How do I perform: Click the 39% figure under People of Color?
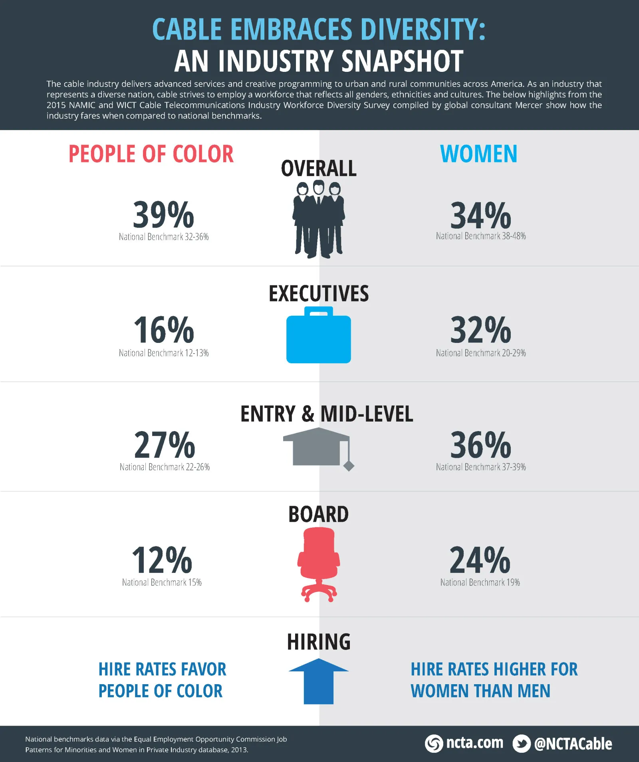[x=163, y=215]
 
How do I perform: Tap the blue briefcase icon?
[x=318, y=336]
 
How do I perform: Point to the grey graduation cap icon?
[x=318, y=447]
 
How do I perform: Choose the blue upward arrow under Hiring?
[x=318, y=681]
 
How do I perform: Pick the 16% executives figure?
[x=163, y=330]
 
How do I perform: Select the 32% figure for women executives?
[x=480, y=330]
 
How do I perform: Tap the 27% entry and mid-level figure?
[x=164, y=445]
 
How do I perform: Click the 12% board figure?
[x=162, y=560]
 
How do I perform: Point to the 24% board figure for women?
[x=480, y=560]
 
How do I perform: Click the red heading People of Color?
[x=151, y=154]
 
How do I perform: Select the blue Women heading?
[x=478, y=154]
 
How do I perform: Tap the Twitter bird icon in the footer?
[x=521, y=744]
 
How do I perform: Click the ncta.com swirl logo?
[x=434, y=744]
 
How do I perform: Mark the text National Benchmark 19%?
[x=480, y=582]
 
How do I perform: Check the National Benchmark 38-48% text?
[x=481, y=236]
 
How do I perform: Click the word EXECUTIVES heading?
[x=318, y=294]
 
